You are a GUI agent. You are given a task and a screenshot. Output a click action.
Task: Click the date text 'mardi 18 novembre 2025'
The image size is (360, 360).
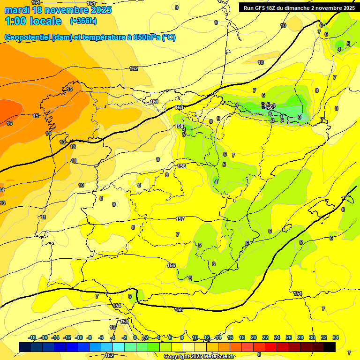tap(58, 10)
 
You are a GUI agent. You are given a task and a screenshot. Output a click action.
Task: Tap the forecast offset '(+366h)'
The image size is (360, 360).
tap(83, 21)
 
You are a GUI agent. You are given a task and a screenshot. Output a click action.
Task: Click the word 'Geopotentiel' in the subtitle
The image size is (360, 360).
tap(27, 37)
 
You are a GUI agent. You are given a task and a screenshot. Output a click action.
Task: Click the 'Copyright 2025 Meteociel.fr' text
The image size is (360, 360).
tap(199, 357)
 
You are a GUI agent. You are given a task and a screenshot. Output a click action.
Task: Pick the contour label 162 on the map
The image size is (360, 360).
tap(134, 68)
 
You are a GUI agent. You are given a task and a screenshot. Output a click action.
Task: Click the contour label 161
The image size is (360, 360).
tap(154, 102)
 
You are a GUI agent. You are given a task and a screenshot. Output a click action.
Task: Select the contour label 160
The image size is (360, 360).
tap(179, 107)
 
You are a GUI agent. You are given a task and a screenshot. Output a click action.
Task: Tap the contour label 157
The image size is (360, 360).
tap(180, 219)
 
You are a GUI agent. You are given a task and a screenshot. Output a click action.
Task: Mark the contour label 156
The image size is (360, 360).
tap(172, 265)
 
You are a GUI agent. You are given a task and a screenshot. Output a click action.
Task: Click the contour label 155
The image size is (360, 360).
tap(179, 309)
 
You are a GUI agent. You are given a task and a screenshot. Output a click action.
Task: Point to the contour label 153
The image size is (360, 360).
tap(124, 322)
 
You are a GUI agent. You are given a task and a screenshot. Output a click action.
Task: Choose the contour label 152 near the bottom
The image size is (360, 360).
tap(109, 355)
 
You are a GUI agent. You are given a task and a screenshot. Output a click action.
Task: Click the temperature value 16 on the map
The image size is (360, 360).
tap(9, 123)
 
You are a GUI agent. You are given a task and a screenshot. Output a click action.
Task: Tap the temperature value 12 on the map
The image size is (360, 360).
tap(73, 147)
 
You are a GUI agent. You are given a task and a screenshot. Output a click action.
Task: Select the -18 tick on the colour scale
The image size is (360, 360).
tap(32, 337)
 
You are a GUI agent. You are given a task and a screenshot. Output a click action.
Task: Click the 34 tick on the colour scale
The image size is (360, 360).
tap(336, 337)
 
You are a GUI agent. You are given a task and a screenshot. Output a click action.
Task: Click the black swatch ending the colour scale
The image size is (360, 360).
tap(330, 347)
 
